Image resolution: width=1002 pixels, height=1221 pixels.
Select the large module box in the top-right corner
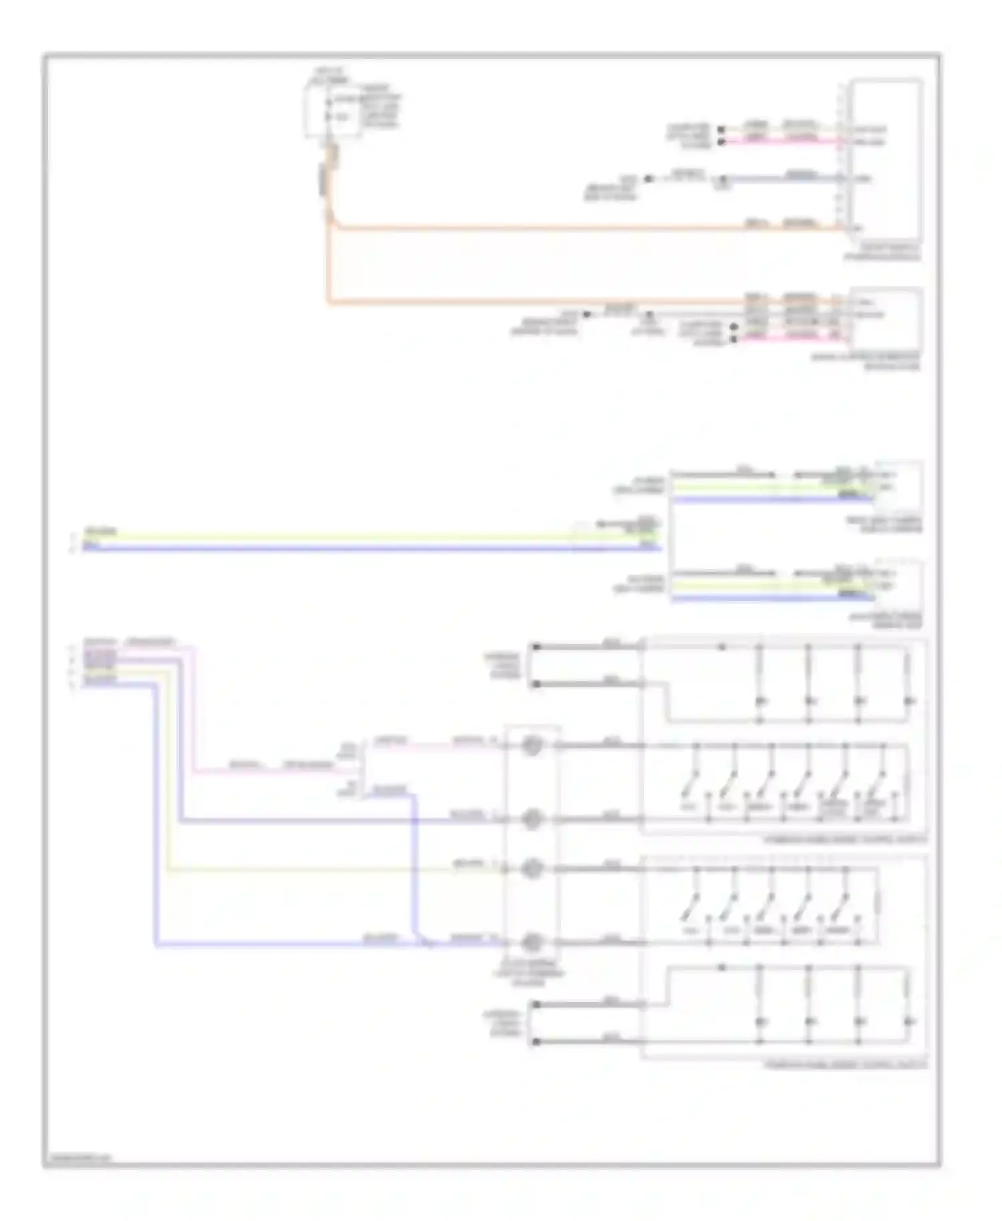(886, 160)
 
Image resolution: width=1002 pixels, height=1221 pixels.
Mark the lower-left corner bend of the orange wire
(329, 303)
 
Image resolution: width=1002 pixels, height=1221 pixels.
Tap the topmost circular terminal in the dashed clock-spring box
(532, 745)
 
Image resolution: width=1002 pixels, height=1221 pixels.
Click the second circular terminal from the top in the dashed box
(532, 819)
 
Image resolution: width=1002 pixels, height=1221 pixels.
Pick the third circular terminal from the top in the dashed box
(532, 869)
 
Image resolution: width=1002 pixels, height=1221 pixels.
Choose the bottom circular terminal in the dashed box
(532, 942)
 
